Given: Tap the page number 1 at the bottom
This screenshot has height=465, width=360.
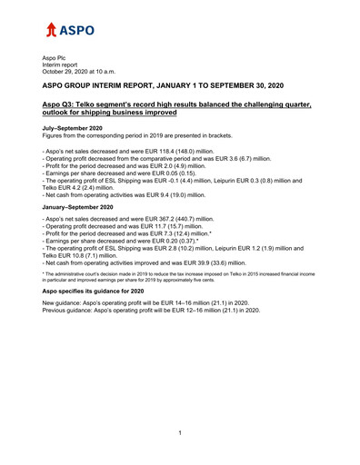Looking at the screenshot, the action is point(180,432).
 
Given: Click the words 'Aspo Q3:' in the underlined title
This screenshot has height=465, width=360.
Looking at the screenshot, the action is point(62,106).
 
